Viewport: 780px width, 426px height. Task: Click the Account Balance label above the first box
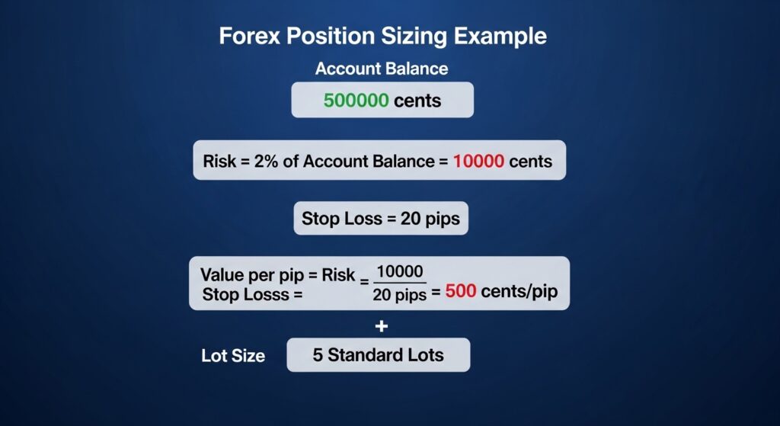[382, 69]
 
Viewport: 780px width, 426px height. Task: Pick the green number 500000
[356, 100]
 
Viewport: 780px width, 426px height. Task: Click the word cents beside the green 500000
[417, 100]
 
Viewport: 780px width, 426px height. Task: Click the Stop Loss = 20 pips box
[381, 219]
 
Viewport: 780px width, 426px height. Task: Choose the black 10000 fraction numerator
[401, 272]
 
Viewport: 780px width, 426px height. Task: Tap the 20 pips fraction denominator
[400, 294]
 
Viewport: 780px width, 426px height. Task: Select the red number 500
[462, 292]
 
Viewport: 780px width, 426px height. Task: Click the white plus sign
[382, 326]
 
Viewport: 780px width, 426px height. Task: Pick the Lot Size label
[233, 355]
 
